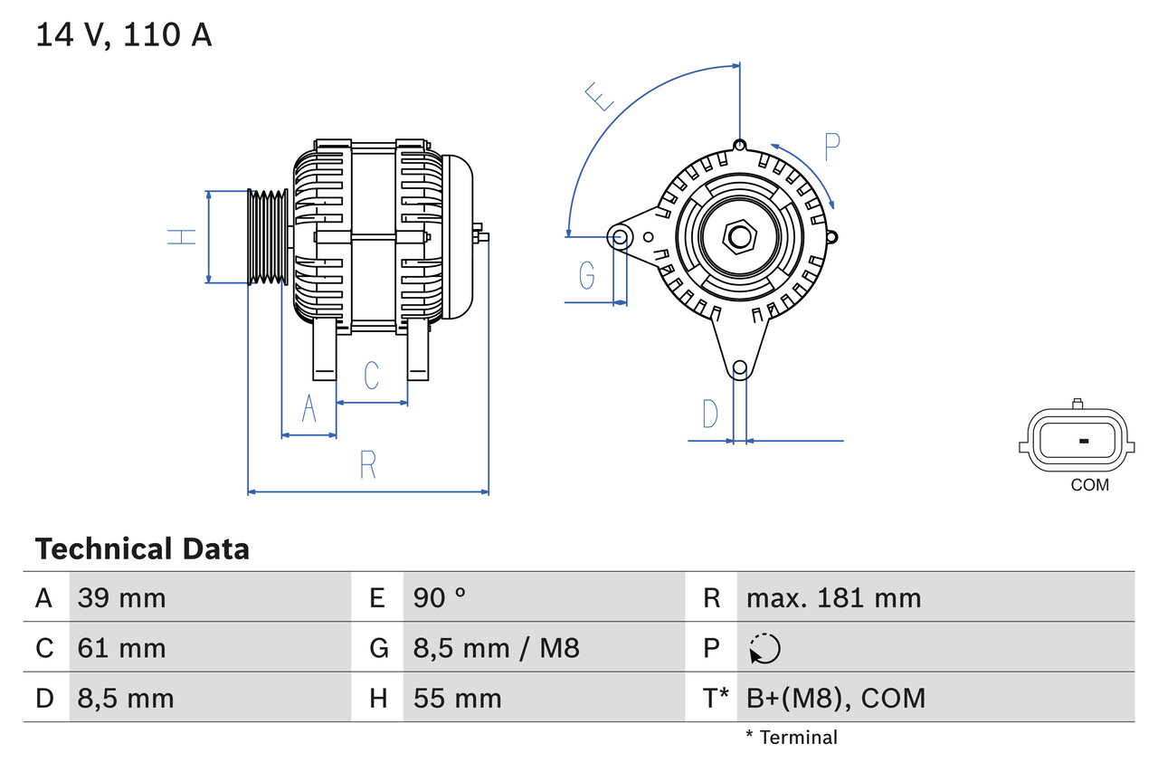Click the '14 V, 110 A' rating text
coord(124,34)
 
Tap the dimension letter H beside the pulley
coord(182,237)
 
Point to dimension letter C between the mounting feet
coord(371,375)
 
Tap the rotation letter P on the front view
coord(832,146)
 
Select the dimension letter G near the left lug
coord(586,274)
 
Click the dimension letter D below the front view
coord(710,414)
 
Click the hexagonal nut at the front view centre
coord(740,237)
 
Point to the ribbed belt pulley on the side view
coord(268,237)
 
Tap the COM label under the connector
coord(1089,485)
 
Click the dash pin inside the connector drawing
coord(1084,441)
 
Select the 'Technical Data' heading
coord(142,548)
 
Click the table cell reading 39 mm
coord(122,597)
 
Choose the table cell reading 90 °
coord(440,597)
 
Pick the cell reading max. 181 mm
coord(833,597)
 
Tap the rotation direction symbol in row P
coord(764,648)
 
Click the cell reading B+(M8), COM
coord(836,698)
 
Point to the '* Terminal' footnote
coord(792,738)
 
